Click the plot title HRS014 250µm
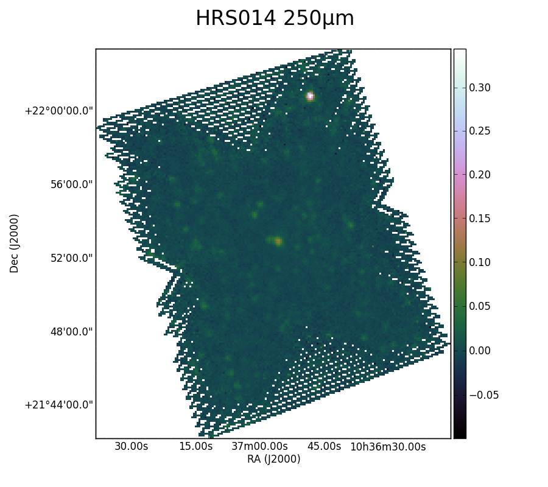tap(275, 18)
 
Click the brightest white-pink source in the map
tap(310, 96)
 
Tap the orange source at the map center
tap(278, 241)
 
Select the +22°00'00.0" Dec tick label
tap(59, 111)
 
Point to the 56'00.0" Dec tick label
tap(72, 184)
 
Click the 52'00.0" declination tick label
tap(72, 258)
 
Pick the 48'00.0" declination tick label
tap(72, 332)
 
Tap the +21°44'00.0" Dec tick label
tap(59, 405)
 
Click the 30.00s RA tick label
tap(132, 446)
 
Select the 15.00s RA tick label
tap(195, 446)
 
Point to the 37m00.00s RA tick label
tap(259, 446)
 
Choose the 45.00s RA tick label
tap(324, 446)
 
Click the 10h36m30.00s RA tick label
tap(388, 447)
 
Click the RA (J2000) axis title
tap(273, 459)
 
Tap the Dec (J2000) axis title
tap(14, 243)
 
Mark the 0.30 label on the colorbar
tap(480, 88)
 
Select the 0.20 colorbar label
tap(480, 175)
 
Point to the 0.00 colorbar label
tap(480, 351)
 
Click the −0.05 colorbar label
tap(483, 395)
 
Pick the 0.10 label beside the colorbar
tap(480, 262)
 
